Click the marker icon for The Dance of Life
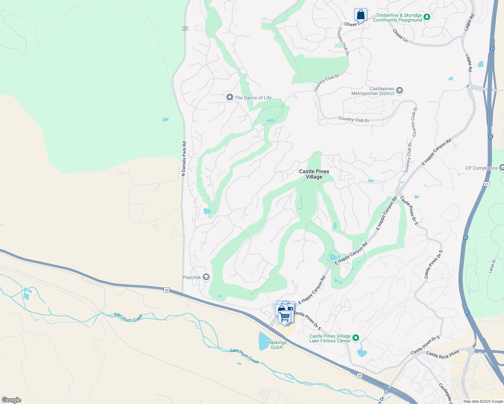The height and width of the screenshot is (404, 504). point(230,97)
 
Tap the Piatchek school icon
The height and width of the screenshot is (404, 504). point(206,277)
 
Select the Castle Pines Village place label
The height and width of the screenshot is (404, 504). point(314,174)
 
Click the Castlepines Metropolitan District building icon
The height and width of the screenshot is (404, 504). point(400,90)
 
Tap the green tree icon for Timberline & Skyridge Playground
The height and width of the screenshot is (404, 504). point(427,17)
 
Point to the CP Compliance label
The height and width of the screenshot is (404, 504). point(481,168)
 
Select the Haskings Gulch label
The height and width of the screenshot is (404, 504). point(277,345)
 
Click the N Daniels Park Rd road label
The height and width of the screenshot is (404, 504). point(184,159)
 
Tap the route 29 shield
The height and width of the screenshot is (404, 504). point(185,29)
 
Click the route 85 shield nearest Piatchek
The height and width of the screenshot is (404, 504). point(166,290)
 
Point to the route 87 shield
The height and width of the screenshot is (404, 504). point(486,184)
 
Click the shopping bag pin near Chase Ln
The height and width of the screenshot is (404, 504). point(360,15)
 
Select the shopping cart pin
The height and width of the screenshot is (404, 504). point(285,317)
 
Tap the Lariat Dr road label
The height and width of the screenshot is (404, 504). point(492,266)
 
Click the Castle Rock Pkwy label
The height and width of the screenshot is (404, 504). point(443,355)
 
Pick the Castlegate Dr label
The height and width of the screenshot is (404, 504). point(445,393)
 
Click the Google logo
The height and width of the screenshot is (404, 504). point(11,400)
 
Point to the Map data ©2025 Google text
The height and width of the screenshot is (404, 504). point(483,401)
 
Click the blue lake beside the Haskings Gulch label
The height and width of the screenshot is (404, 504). point(263,341)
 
